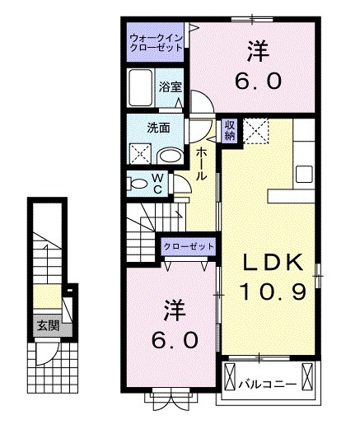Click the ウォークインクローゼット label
click(156, 42)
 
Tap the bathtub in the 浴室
click(140, 88)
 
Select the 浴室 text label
click(171, 86)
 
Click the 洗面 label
click(158, 128)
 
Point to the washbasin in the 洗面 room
click(171, 156)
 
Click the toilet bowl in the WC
click(138, 184)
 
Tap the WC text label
click(157, 184)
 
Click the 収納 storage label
click(230, 130)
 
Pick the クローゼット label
click(189, 246)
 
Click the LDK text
click(273, 262)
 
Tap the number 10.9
click(274, 292)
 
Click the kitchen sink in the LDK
click(304, 174)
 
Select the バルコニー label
click(267, 385)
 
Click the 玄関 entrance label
click(49, 325)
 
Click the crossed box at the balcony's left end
click(230, 376)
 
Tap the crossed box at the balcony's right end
click(307, 376)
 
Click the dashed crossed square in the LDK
click(255, 131)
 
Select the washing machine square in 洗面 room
click(140, 153)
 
